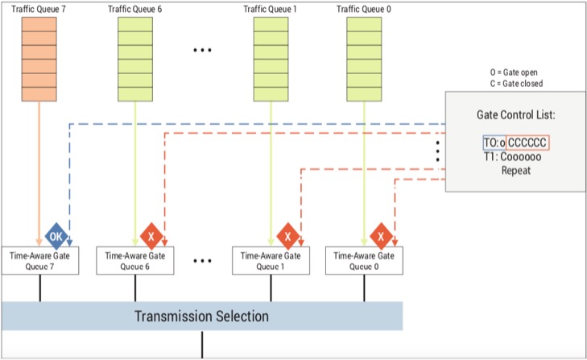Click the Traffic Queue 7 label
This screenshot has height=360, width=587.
click(39, 9)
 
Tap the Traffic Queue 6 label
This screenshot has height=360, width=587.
click(135, 9)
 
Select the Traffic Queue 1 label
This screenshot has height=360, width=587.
click(270, 9)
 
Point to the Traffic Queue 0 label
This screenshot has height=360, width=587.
click(363, 9)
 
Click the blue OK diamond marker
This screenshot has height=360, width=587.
click(56, 236)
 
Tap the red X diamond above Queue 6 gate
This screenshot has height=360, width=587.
click(151, 236)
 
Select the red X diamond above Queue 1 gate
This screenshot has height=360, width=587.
click(287, 236)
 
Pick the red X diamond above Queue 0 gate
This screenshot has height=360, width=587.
click(381, 236)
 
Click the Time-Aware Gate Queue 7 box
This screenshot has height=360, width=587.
click(40, 260)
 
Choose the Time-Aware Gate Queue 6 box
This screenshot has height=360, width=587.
click(135, 260)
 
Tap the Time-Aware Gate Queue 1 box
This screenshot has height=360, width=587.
click(271, 260)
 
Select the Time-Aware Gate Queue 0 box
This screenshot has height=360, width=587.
click(364, 260)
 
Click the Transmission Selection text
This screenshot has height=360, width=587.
click(202, 317)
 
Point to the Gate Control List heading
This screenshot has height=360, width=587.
click(516, 114)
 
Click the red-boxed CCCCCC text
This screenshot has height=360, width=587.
click(527, 143)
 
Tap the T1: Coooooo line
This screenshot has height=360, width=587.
click(512, 156)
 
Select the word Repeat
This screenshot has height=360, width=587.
click(516, 171)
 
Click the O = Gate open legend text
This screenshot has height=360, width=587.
click(514, 72)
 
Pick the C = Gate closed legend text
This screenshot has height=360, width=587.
click(516, 84)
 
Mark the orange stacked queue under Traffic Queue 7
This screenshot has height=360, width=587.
click(39, 59)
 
